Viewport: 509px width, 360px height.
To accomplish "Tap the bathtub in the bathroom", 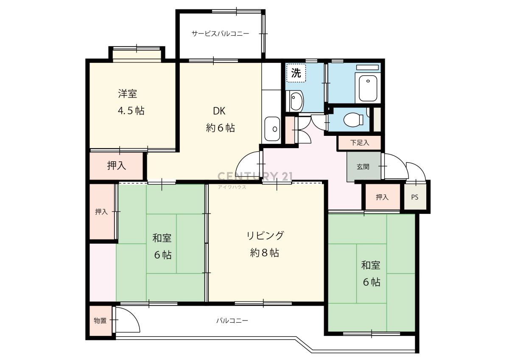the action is [x=368, y=88].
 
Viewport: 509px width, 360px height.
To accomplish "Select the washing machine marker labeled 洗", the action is [x=296, y=73].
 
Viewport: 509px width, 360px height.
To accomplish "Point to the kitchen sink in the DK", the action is [x=272, y=129].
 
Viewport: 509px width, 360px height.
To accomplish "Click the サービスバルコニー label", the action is [x=221, y=34].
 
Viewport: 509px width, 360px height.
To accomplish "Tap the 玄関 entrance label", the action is [x=363, y=167].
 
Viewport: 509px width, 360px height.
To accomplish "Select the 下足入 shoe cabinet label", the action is [x=360, y=143].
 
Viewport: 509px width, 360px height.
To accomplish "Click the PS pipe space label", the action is [x=415, y=197].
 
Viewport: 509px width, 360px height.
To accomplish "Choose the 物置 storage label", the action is [x=100, y=321].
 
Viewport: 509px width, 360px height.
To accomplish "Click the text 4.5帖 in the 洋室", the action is [x=131, y=110].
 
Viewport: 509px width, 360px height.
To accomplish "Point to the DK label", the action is [x=219, y=111].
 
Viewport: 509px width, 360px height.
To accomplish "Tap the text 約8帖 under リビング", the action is [x=265, y=253].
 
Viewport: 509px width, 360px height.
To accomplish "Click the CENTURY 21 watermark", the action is [x=255, y=176].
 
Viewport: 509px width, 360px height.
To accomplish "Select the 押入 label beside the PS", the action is [x=382, y=197].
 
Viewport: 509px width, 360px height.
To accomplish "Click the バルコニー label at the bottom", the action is [x=232, y=321].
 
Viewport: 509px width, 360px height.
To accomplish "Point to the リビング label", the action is [x=265, y=235].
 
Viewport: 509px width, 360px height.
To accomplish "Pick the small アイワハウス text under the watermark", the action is [x=232, y=187].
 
